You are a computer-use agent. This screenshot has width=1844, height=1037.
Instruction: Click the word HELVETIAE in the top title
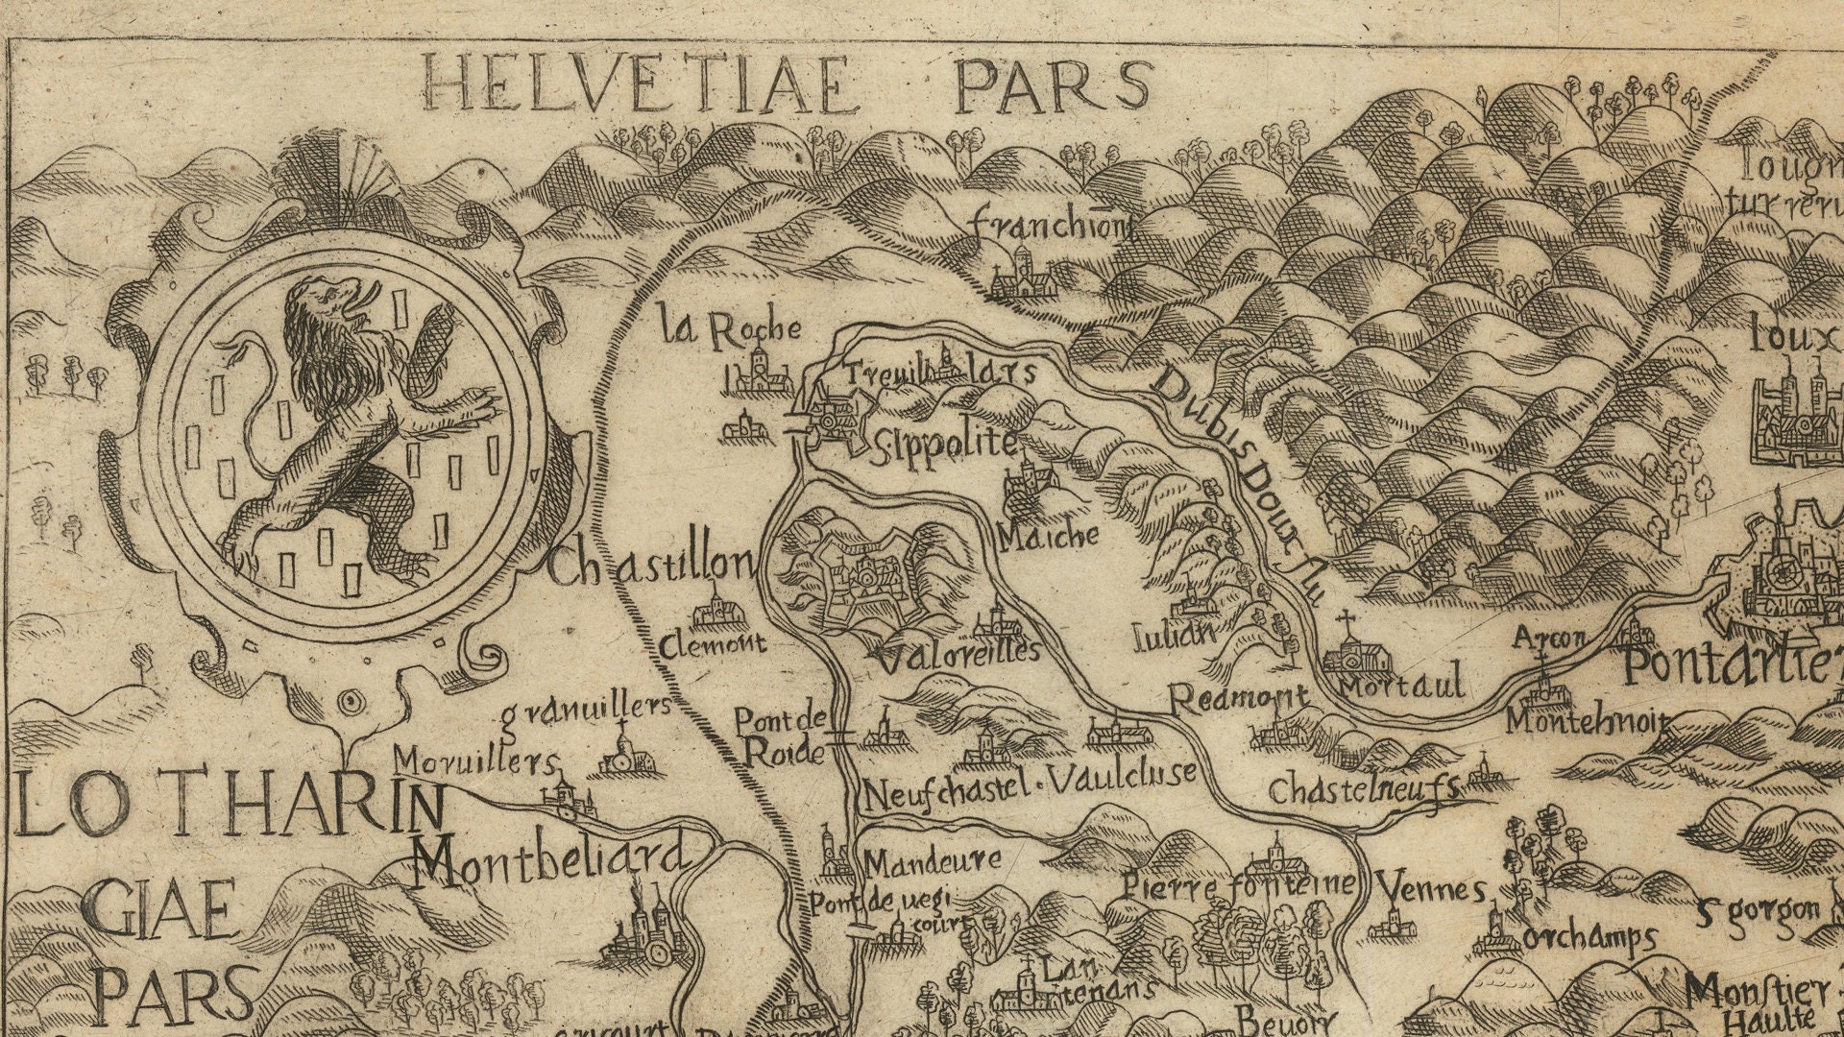(639, 84)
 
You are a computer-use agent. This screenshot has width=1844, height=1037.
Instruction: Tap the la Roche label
(730, 329)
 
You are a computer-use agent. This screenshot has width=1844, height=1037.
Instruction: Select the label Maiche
(1048, 536)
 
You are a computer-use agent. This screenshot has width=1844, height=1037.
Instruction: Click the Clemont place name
(712, 643)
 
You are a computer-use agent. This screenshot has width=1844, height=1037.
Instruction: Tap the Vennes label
(1431, 889)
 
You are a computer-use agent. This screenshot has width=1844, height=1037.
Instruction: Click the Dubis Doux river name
(1239, 480)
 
